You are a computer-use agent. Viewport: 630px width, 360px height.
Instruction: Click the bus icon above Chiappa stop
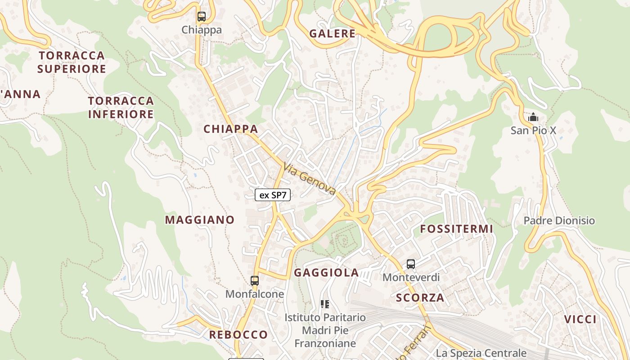coord(201,17)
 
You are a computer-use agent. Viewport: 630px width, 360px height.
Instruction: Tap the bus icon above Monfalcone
coord(255,281)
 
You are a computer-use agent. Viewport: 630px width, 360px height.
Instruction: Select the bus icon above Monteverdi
coord(411,264)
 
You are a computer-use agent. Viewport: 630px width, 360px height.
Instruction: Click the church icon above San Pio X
coord(533,117)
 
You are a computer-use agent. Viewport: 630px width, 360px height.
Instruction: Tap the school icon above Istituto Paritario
coord(325,304)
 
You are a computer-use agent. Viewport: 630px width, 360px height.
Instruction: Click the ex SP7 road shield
coord(273,195)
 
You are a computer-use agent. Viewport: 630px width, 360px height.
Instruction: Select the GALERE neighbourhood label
coord(333,33)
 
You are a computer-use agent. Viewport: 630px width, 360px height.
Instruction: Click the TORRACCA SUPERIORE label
coord(72,62)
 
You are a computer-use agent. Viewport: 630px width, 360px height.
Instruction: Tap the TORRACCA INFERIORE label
coord(121,107)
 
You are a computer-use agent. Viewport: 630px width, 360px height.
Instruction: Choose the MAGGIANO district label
coord(200,220)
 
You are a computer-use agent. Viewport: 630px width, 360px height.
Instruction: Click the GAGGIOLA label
coord(326,272)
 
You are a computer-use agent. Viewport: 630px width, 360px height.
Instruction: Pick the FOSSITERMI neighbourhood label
coord(456,229)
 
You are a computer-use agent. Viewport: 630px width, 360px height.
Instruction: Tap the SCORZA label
coord(420,297)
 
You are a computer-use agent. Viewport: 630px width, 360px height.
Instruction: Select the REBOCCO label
coord(238,334)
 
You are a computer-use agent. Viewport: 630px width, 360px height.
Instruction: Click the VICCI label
coord(580,319)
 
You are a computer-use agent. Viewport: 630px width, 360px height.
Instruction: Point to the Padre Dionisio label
coord(559,220)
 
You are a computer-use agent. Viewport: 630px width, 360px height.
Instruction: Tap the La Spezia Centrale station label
coord(481,353)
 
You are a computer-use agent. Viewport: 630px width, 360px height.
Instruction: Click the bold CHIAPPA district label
coord(230,129)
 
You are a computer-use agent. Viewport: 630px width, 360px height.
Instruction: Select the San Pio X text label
coord(533,130)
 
